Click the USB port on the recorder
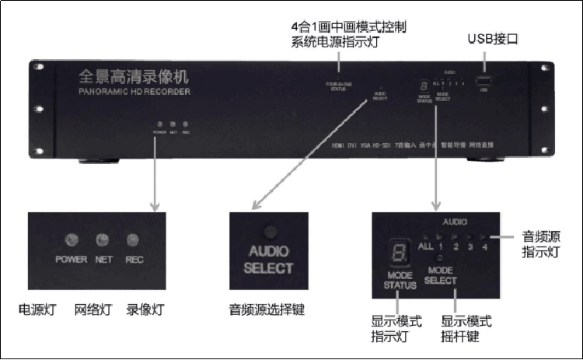tap(484, 82)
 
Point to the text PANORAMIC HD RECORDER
tap(134, 92)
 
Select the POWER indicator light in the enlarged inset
tap(71, 239)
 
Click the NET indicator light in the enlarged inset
tap(102, 239)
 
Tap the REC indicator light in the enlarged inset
tap(134, 239)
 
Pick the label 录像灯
tap(144, 309)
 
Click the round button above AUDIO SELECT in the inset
tap(268, 231)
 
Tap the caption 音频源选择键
tap(267, 309)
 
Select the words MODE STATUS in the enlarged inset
tap(400, 280)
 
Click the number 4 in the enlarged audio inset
tap(485, 247)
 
